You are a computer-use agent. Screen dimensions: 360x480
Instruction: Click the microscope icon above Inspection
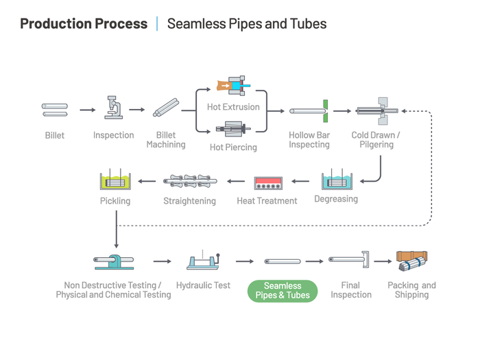pyautogui.click(x=112, y=108)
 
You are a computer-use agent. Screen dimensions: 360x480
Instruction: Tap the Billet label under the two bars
pyautogui.click(x=55, y=135)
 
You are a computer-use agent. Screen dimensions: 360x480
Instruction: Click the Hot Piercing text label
pyautogui.click(x=233, y=147)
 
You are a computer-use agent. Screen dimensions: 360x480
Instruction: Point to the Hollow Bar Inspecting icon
pyautogui.click(x=309, y=110)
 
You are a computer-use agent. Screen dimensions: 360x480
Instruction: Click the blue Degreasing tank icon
pyautogui.click(x=336, y=180)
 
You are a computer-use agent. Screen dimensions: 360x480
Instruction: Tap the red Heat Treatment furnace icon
pyautogui.click(x=267, y=183)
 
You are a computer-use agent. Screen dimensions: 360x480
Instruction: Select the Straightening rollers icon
pyautogui.click(x=189, y=182)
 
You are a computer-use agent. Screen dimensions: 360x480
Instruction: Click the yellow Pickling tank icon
pyautogui.click(x=114, y=180)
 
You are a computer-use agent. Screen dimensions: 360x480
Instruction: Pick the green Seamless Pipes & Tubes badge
pyautogui.click(x=283, y=291)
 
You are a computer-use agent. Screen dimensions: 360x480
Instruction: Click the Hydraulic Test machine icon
pyautogui.click(x=203, y=261)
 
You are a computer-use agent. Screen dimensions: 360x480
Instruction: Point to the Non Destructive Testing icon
pyautogui.click(x=113, y=261)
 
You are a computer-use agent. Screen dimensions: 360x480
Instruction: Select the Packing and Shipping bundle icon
pyautogui.click(x=412, y=261)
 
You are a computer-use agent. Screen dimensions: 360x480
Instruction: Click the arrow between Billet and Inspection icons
pyautogui.click(x=87, y=110)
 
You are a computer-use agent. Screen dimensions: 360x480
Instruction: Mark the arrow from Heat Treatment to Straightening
pyautogui.click(x=236, y=182)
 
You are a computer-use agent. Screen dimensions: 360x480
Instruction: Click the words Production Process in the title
pyautogui.click(x=84, y=24)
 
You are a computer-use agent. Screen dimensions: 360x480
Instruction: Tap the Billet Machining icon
pyautogui.click(x=165, y=108)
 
